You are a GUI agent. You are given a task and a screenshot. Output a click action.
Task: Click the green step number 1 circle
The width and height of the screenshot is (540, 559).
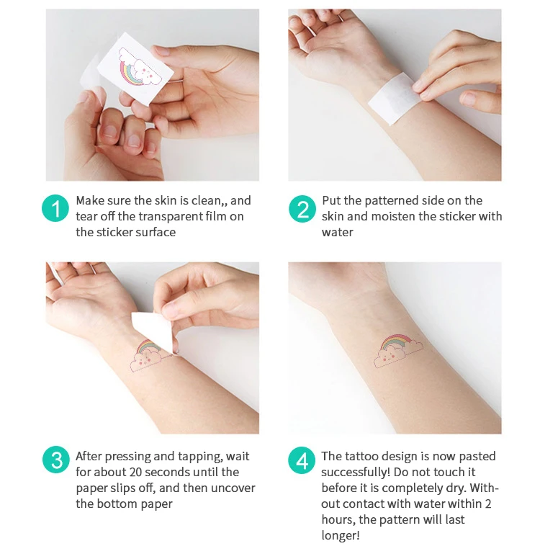(x=55, y=209)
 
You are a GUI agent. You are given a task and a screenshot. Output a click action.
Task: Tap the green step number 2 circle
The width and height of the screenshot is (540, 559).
(x=302, y=209)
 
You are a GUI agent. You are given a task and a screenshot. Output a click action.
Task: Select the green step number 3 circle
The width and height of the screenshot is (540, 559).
(x=55, y=460)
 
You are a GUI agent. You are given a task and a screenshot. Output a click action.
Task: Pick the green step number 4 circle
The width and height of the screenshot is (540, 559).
(x=302, y=460)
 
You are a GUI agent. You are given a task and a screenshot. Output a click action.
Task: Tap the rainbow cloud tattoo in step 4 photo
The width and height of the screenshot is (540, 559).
(x=399, y=349)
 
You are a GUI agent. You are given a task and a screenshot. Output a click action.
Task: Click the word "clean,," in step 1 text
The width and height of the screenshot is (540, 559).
(x=208, y=201)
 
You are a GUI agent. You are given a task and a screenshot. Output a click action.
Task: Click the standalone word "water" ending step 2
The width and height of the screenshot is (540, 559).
(x=337, y=233)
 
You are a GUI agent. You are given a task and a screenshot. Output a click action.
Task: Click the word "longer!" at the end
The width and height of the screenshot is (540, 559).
(x=341, y=536)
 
